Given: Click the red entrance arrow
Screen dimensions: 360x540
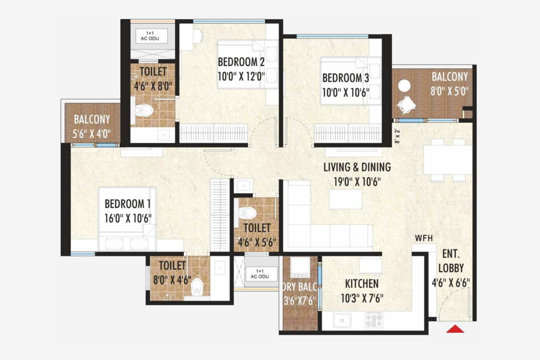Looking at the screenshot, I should pyautogui.click(x=455, y=329).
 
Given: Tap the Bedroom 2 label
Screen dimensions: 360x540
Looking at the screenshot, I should pyautogui.click(x=241, y=62).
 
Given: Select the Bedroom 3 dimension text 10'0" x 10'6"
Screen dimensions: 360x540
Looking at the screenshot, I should pyautogui.click(x=346, y=92).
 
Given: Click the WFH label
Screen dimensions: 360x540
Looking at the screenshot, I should pyautogui.click(x=424, y=238).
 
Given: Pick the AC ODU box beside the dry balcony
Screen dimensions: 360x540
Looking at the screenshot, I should pyautogui.click(x=260, y=274).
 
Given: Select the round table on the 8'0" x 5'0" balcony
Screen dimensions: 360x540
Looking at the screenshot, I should pyautogui.click(x=404, y=86).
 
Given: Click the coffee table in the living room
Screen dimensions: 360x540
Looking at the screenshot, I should pyautogui.click(x=345, y=199).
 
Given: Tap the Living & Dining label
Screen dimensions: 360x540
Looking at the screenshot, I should pyautogui.click(x=357, y=167).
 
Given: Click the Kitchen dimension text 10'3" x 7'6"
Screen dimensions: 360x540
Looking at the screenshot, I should pyautogui.click(x=362, y=298).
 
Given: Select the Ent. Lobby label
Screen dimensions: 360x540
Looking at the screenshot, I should pyautogui.click(x=451, y=261).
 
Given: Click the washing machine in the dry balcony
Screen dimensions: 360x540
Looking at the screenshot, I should pyautogui.click(x=300, y=267).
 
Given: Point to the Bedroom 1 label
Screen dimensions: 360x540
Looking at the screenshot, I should pyautogui.click(x=127, y=204).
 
